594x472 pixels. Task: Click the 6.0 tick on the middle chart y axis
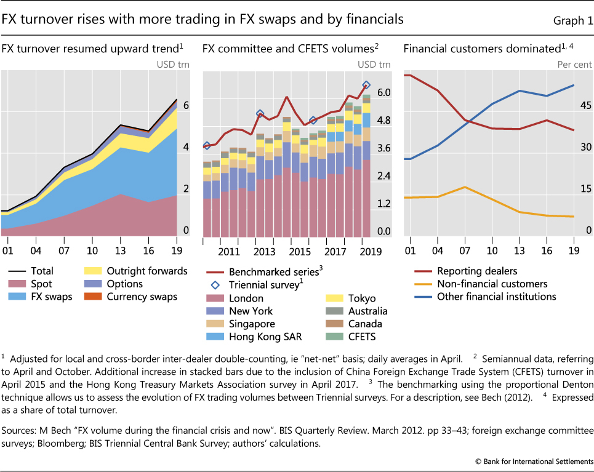coord(383,92)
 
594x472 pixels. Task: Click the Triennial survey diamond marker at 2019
coord(366,86)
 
